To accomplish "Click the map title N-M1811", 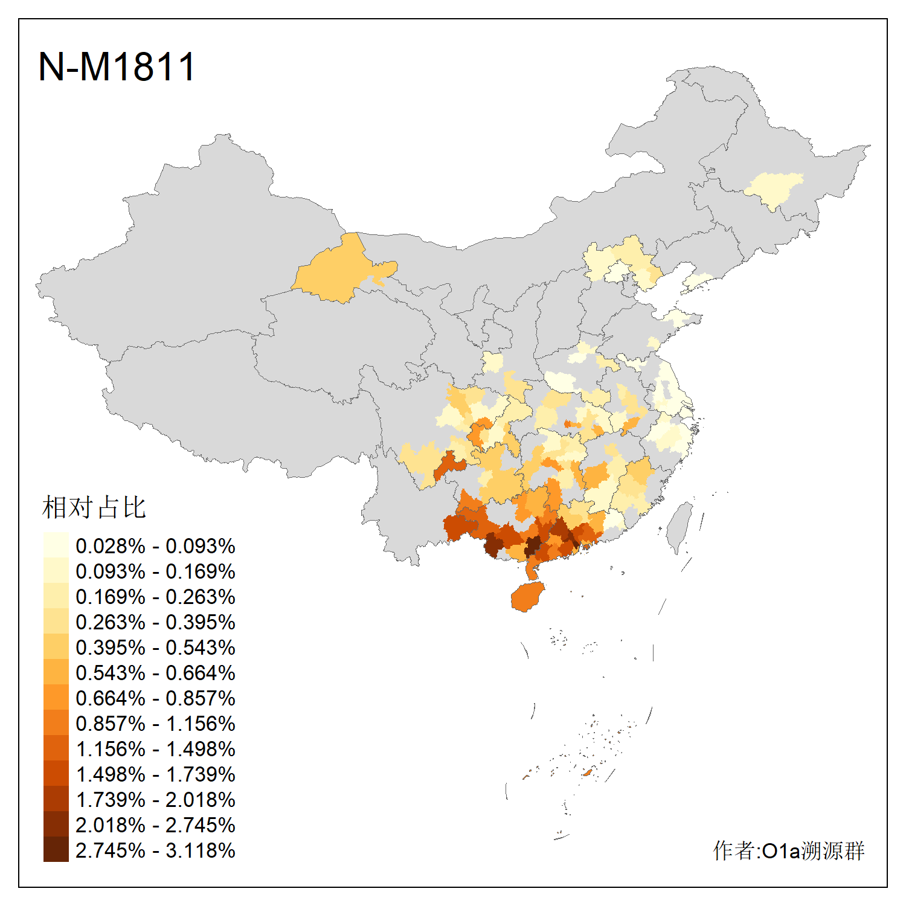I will pyautogui.click(x=117, y=66).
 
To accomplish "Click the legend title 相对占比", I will pyautogui.click(x=94, y=507).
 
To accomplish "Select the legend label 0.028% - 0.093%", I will pyautogui.click(x=155, y=546).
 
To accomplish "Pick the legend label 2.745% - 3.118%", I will pyautogui.click(x=155, y=850).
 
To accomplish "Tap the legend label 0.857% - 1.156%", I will pyautogui.click(x=155, y=724).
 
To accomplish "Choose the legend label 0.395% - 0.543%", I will pyautogui.click(x=155, y=647).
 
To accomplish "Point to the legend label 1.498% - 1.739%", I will pyautogui.click(x=155, y=774).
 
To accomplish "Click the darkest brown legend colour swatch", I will pyautogui.click(x=56, y=850).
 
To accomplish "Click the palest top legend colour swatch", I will pyautogui.click(x=56, y=545).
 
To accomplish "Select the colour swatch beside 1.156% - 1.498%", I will pyautogui.click(x=56, y=748).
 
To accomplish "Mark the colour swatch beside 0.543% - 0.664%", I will pyautogui.click(x=56, y=672).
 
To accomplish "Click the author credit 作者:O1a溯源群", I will pyautogui.click(x=788, y=850).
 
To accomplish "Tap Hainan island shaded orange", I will pyautogui.click(x=527, y=597).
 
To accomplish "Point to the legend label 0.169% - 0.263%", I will pyautogui.click(x=155, y=597).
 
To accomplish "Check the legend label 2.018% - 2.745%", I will pyautogui.click(x=155, y=825).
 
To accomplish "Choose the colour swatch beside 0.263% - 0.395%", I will pyautogui.click(x=56, y=622).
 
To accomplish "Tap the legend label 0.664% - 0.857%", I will pyautogui.click(x=155, y=698).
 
